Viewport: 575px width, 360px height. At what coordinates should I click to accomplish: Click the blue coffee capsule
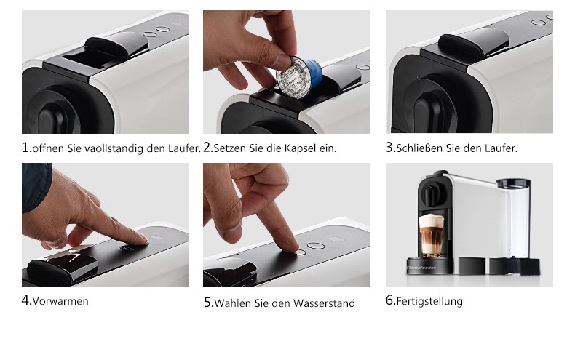300,78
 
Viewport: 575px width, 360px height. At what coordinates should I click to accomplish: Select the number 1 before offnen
26,148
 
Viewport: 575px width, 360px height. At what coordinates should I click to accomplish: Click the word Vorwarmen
60,301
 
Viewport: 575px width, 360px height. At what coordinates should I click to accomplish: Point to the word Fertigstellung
429,301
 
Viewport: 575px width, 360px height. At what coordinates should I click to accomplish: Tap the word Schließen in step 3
419,148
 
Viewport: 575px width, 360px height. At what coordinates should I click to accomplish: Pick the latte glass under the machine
432,235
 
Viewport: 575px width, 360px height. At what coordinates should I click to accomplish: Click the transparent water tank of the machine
514,219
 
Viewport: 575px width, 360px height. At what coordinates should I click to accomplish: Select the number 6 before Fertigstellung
390,300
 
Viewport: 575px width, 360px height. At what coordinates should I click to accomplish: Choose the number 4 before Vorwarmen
26,300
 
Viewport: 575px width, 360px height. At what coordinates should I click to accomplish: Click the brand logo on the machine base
421,268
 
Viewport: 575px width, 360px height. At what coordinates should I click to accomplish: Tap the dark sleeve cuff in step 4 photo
36,187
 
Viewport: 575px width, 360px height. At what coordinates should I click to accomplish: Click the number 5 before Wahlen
208,303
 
